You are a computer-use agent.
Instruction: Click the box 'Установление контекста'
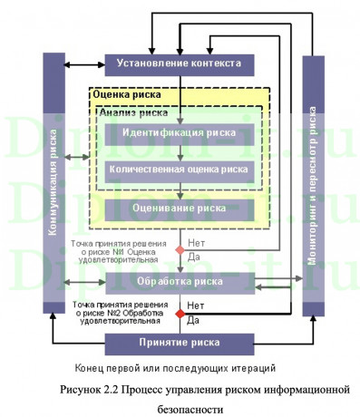tap(180, 65)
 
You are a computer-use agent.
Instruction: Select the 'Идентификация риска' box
tap(180, 132)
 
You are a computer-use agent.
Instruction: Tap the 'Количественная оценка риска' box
tap(180, 170)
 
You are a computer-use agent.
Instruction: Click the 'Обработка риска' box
tap(180, 283)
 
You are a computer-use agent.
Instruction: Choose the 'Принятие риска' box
tap(180, 344)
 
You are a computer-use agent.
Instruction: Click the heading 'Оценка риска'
tap(128, 94)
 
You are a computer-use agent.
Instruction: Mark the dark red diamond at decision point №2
tap(180, 314)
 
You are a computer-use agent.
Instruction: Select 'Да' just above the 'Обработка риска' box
tap(193, 257)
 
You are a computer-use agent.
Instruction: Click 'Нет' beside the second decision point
tap(196, 306)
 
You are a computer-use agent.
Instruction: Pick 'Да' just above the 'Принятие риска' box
tap(193, 321)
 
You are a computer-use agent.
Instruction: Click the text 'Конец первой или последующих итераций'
tap(176, 368)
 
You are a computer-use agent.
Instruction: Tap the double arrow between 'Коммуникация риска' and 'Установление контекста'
tap(84, 65)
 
